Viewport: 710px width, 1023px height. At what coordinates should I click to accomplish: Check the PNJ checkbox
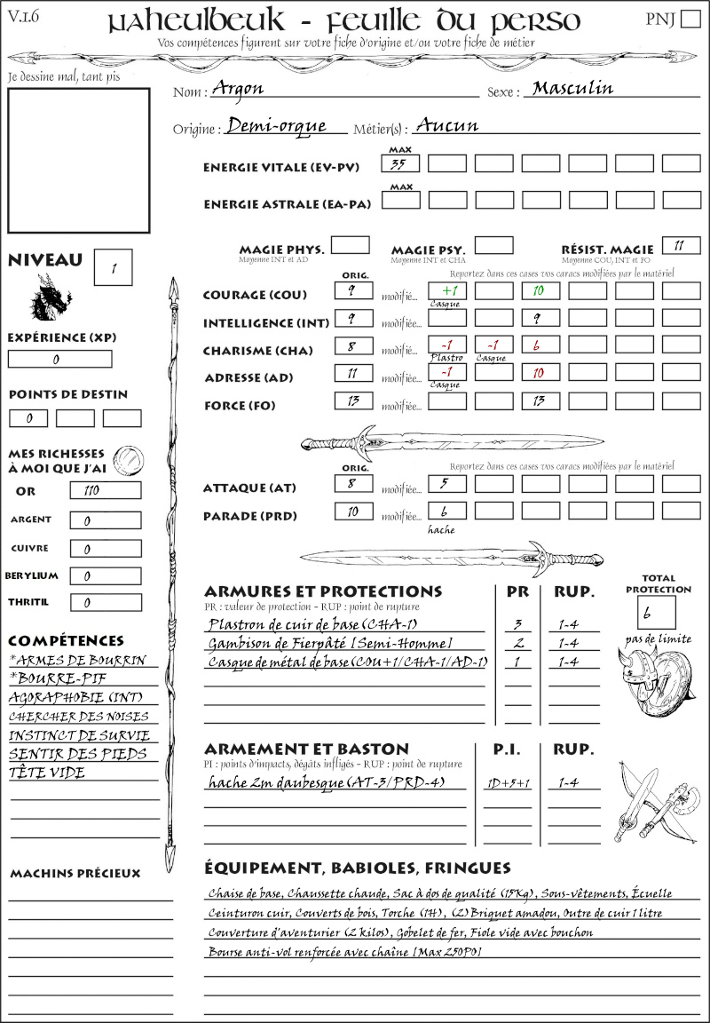[x=689, y=20]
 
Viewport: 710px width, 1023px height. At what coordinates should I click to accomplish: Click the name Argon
[x=238, y=89]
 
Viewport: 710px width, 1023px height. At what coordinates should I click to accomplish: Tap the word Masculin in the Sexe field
[x=572, y=89]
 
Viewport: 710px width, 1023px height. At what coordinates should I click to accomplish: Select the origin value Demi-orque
[x=277, y=126]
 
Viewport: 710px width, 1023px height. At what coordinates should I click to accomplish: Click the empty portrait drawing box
[x=78, y=159]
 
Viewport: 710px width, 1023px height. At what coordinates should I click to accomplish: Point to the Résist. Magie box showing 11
[x=681, y=245]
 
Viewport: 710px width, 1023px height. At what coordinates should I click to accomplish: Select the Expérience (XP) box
[x=59, y=360]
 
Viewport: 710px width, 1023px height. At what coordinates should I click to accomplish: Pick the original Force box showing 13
[x=353, y=401]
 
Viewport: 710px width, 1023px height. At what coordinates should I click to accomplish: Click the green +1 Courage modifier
[x=447, y=290]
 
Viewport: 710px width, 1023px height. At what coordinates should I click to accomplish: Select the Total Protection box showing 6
[x=656, y=613]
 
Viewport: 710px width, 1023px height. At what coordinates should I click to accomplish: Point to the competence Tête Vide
[x=47, y=773]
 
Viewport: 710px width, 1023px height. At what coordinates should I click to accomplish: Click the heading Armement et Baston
[x=306, y=749]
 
